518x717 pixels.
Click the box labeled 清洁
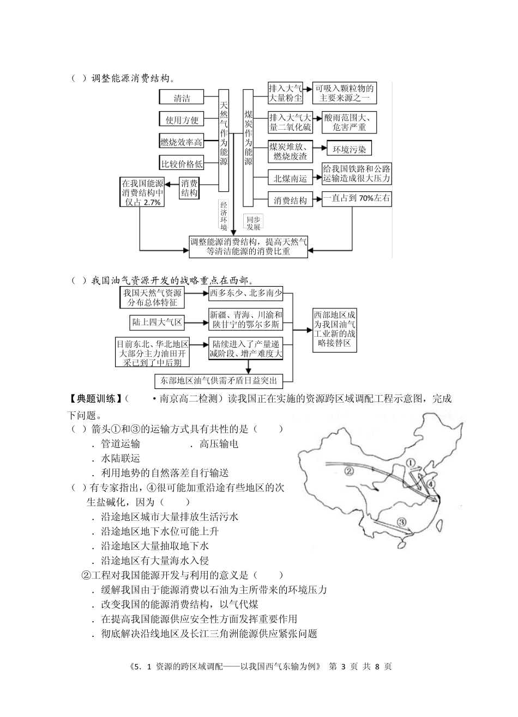(182, 98)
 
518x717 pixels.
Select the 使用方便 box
(182, 119)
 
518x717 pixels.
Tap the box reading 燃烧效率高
(181, 142)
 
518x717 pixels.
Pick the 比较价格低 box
(181, 163)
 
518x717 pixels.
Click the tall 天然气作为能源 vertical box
(224, 139)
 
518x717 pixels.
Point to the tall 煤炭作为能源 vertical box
(248, 139)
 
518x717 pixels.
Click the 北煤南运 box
(290, 178)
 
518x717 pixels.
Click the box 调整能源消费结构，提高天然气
(248, 246)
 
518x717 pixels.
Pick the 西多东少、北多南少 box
(245, 295)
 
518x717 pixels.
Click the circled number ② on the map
(350, 471)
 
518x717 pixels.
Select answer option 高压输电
(219, 444)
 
